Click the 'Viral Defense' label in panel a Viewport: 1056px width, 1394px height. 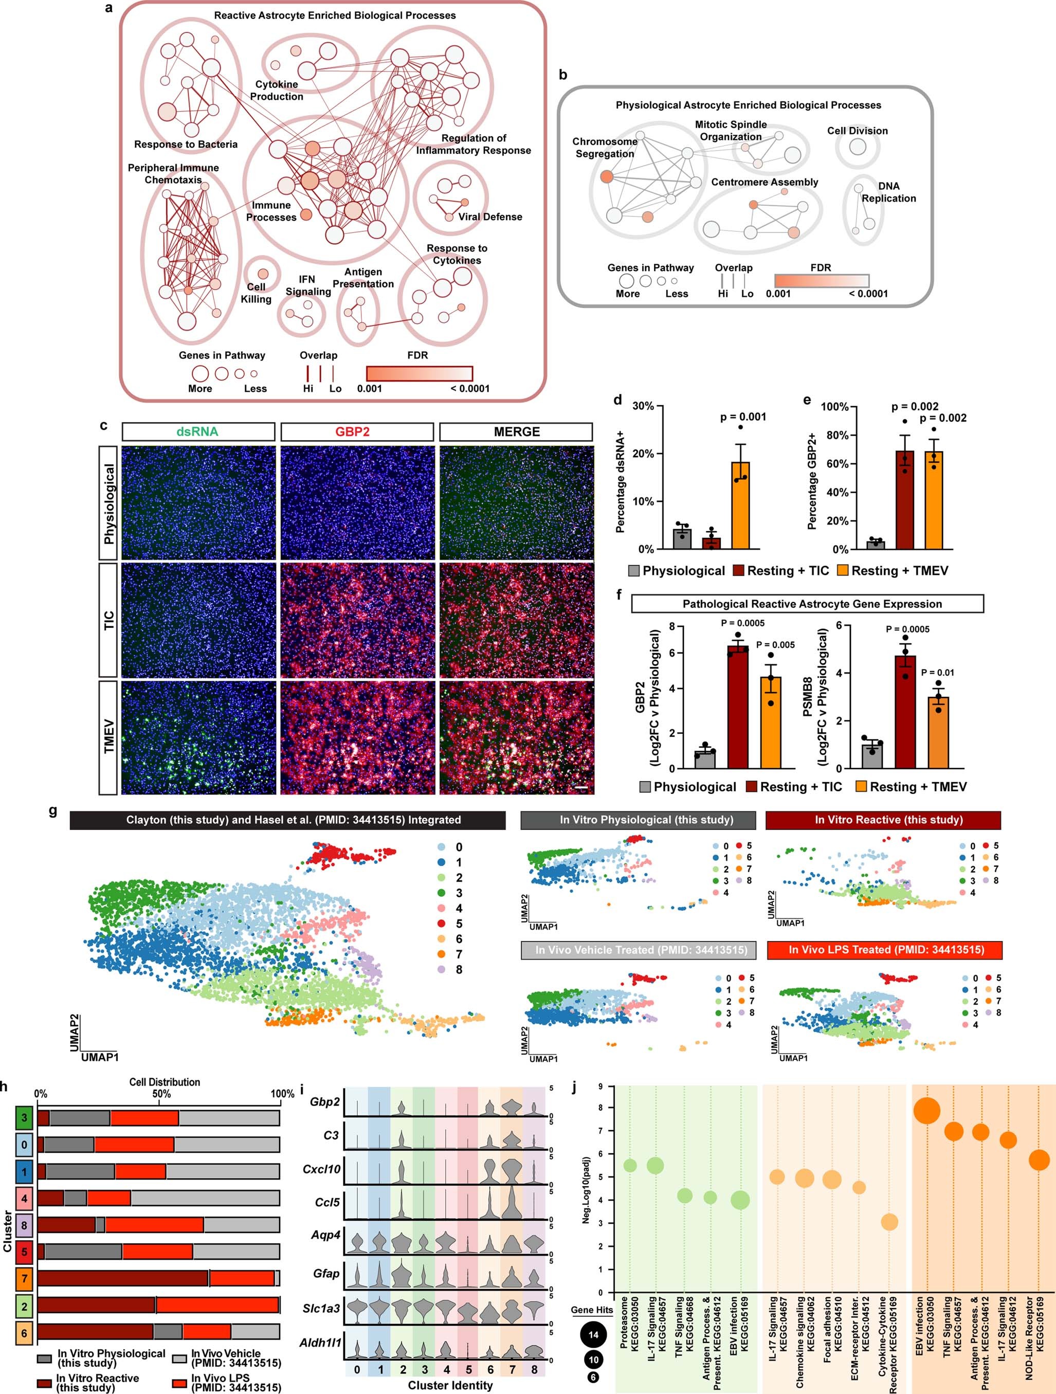489,217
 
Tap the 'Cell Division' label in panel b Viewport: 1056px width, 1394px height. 857,131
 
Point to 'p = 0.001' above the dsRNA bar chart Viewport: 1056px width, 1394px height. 743,417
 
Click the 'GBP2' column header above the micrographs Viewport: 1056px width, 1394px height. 357,432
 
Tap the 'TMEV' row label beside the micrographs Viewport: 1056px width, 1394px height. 108,736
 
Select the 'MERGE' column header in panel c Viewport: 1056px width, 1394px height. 516,432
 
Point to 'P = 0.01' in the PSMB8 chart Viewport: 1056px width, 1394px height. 938,673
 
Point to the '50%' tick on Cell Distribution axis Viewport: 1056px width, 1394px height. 161,1094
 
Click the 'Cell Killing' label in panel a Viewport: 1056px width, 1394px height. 256,293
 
